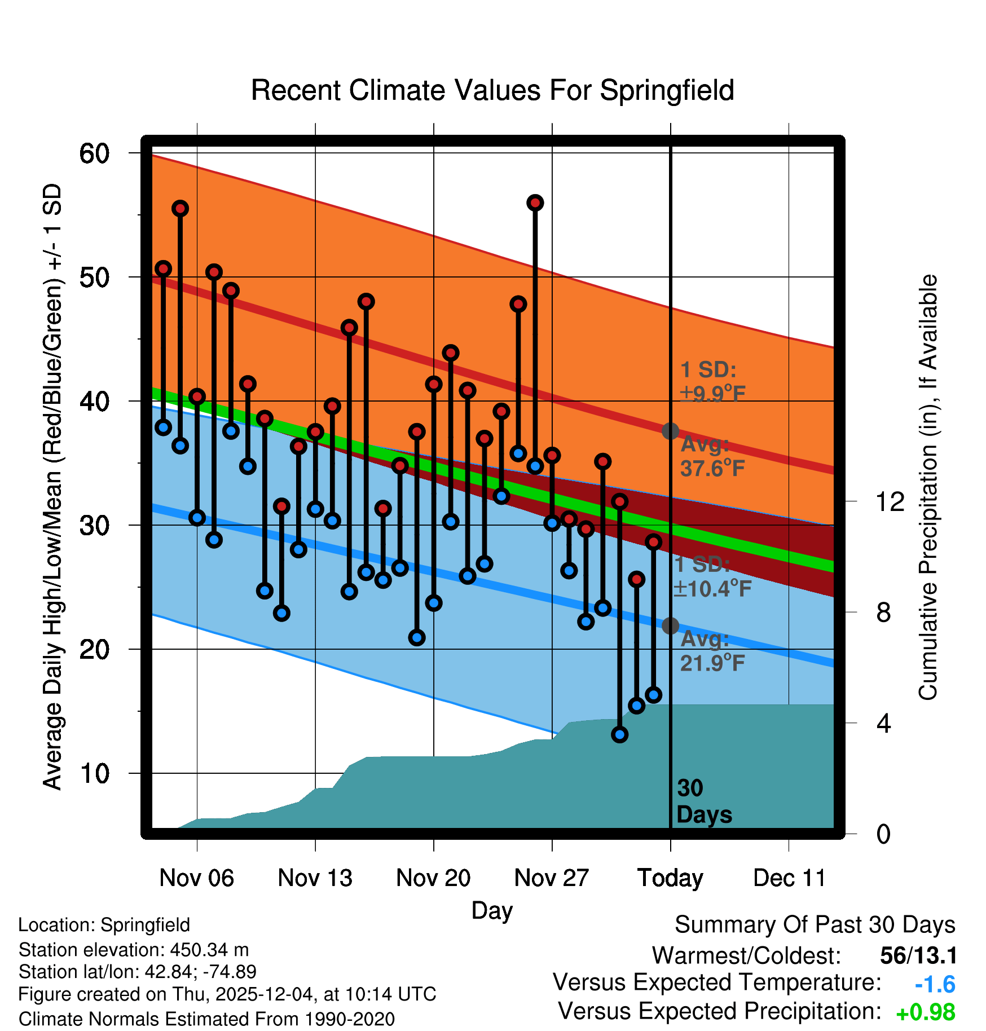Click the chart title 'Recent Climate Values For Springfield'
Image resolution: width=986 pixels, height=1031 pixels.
click(492, 90)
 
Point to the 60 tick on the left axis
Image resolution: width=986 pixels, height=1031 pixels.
click(95, 153)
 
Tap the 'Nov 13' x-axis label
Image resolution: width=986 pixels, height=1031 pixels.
click(315, 878)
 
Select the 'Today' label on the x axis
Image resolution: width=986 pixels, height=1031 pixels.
click(670, 878)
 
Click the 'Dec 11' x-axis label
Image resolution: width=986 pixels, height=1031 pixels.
click(789, 878)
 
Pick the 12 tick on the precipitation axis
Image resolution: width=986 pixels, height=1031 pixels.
click(890, 501)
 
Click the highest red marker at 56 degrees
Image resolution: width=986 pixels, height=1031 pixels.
click(535, 202)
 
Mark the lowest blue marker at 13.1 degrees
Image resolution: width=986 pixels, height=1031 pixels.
click(620, 734)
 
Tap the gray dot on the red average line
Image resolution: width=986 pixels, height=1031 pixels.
click(670, 431)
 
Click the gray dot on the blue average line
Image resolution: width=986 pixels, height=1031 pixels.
click(670, 625)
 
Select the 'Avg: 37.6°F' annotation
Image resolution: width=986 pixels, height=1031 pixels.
click(712, 457)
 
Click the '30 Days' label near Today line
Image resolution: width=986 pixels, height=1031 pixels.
click(703, 801)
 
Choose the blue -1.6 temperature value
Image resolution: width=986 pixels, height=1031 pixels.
click(935, 985)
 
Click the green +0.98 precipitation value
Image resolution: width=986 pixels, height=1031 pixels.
click(925, 1012)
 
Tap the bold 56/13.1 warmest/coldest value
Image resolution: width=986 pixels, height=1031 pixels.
click(918, 955)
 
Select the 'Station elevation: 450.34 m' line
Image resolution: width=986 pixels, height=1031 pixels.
click(134, 950)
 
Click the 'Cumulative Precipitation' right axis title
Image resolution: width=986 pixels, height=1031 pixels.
click(928, 487)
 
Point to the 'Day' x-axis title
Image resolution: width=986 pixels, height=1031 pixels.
click(492, 910)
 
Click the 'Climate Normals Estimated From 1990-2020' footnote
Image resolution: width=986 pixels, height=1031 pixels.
click(206, 1019)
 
